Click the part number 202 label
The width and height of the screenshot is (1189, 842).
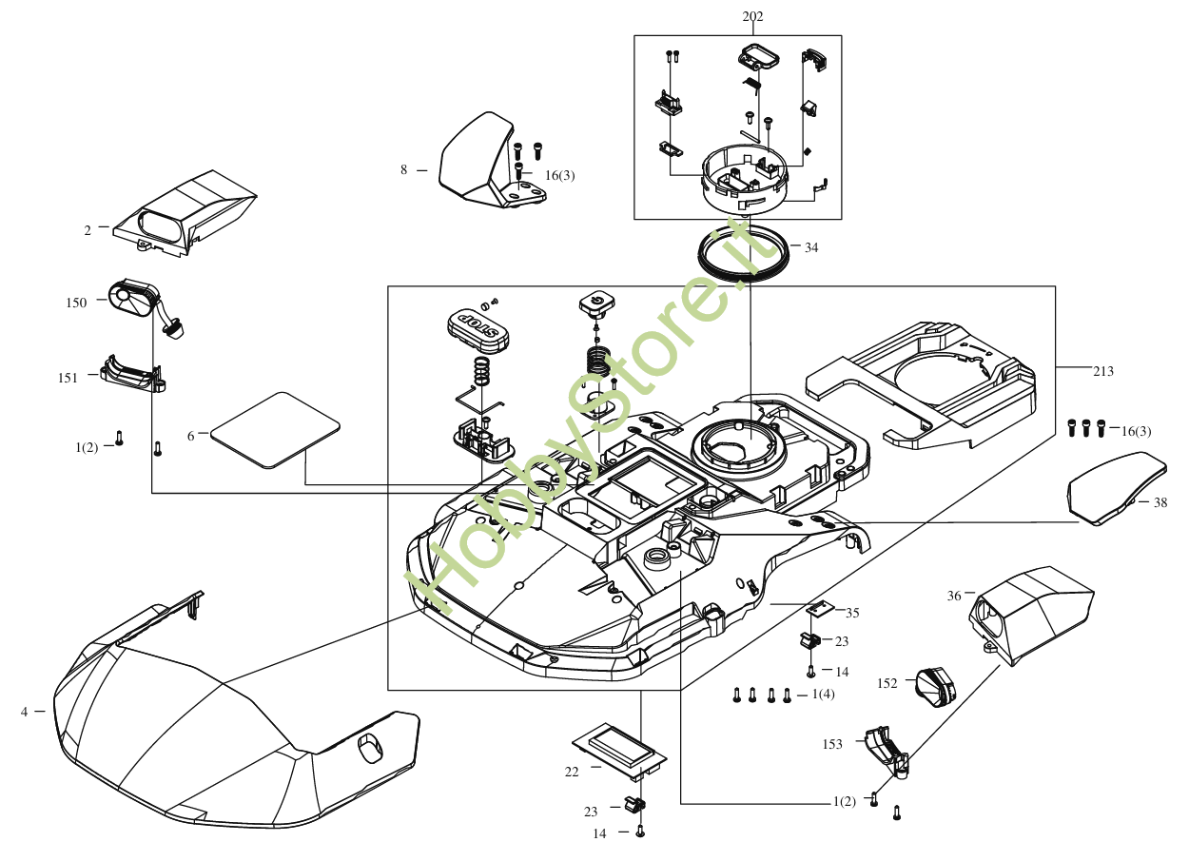pyautogui.click(x=751, y=16)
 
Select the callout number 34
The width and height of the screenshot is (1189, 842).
pyautogui.click(x=810, y=247)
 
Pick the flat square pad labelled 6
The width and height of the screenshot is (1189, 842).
pyautogui.click(x=274, y=429)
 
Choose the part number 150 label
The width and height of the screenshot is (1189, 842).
pyautogui.click(x=77, y=303)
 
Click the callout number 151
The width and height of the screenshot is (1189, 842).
pyautogui.click(x=68, y=378)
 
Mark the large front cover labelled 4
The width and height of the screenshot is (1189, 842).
pyautogui.click(x=219, y=723)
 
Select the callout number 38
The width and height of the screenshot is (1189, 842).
pyautogui.click(x=1160, y=503)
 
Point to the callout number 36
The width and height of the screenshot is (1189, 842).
pyautogui.click(x=954, y=597)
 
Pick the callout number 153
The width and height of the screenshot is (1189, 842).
pyautogui.click(x=832, y=744)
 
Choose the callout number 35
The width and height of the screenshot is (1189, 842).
pyautogui.click(x=852, y=613)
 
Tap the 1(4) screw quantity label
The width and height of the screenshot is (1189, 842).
pyautogui.click(x=823, y=695)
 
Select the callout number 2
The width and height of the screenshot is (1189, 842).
pyautogui.click(x=88, y=230)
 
